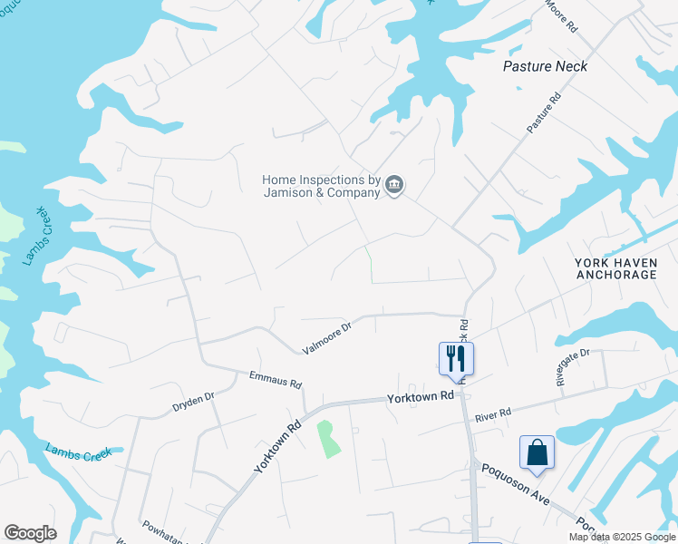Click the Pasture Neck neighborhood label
(545, 66)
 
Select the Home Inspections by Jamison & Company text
(321, 186)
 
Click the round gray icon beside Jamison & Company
(394, 186)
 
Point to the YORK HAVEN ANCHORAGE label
(615, 268)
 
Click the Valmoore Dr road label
(326, 338)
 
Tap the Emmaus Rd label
(276, 378)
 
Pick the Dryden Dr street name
(192, 403)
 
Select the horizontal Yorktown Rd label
(420, 397)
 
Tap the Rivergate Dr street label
(573, 367)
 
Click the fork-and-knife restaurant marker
(456, 357)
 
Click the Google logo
(30, 533)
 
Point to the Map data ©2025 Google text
(621, 537)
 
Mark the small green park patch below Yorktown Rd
(327, 439)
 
